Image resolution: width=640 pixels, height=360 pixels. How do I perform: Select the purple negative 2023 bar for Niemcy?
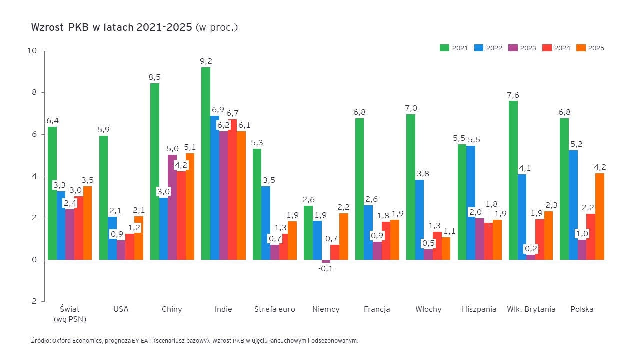(326, 261)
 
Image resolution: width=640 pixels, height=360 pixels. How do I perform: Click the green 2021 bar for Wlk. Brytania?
(513, 180)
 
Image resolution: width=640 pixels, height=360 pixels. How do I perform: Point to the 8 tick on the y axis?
(33, 92)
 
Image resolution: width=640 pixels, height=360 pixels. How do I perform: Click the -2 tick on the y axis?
(33, 301)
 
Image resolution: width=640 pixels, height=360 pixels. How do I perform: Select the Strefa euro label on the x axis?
(275, 309)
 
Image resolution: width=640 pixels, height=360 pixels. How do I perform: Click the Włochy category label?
(428, 309)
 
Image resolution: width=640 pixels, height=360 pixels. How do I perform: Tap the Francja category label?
(377, 309)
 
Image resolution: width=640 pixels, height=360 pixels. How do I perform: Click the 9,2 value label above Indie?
(206, 61)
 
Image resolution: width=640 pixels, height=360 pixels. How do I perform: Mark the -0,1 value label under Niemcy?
(326, 269)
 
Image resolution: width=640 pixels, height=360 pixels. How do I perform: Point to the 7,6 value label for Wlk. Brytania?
(513, 95)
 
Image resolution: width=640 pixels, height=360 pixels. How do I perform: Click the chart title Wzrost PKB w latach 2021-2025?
(111, 27)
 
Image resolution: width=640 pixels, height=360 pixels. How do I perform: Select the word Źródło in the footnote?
(40, 341)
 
